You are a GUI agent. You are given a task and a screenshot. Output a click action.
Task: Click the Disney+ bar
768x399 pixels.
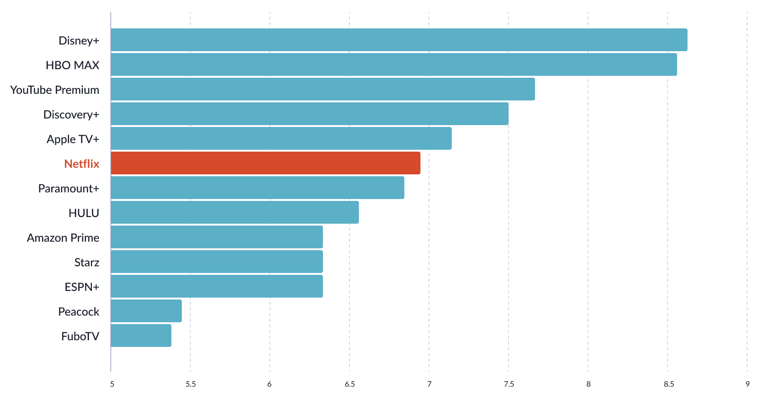[399, 40]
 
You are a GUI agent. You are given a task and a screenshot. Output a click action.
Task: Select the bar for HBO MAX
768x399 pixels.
[393, 64]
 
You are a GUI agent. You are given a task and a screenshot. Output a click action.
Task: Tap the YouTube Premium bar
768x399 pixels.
[322, 89]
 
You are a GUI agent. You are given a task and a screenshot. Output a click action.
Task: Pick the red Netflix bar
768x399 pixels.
[265, 163]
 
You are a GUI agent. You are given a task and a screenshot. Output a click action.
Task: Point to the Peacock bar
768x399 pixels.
[146, 311]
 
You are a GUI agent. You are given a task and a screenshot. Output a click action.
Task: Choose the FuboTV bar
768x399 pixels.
[141, 336]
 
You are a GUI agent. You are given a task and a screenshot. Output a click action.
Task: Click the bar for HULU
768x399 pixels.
[234, 212]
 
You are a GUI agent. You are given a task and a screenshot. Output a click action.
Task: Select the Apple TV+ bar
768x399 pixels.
[281, 138]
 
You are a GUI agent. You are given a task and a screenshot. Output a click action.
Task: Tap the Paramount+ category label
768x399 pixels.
[69, 189]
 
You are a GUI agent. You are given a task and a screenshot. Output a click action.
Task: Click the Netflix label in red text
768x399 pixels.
[81, 164]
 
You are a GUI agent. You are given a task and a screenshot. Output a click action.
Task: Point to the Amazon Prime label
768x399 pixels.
[63, 238]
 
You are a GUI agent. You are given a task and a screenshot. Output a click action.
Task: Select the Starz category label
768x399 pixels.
[87, 263]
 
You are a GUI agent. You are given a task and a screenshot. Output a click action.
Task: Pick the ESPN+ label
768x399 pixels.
[82, 287]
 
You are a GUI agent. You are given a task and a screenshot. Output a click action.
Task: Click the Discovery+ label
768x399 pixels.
[71, 115]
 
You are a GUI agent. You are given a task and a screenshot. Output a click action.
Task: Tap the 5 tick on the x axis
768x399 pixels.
[112, 384]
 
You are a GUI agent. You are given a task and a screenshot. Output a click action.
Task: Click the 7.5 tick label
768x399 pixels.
[509, 384]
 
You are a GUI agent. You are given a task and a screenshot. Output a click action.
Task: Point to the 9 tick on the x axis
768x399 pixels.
[748, 384]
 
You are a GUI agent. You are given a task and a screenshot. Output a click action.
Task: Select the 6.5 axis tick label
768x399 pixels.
[349, 384]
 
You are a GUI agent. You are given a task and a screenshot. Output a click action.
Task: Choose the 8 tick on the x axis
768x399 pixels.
[588, 384]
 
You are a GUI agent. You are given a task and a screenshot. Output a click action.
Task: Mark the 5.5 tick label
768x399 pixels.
[190, 384]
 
